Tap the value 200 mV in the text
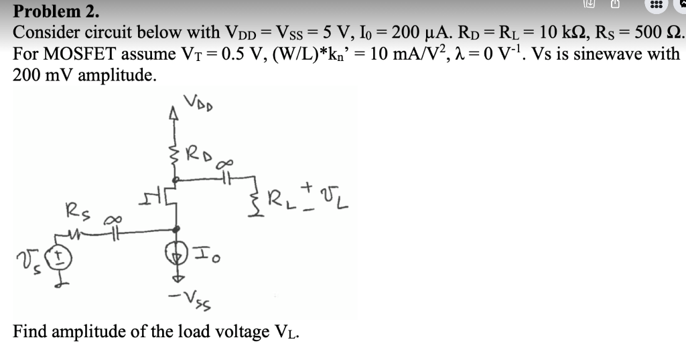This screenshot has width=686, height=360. pyautogui.click(x=40, y=74)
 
